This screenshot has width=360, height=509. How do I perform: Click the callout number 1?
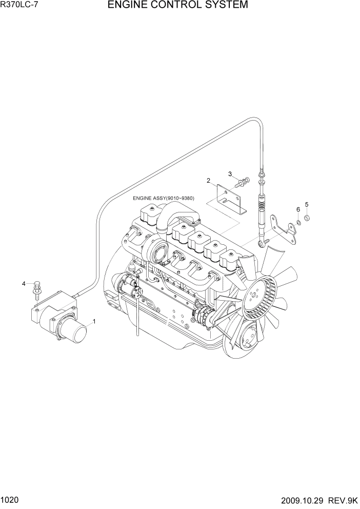(x=94, y=322)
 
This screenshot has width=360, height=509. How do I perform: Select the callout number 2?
(x=209, y=181)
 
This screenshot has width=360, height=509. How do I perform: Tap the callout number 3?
(x=230, y=173)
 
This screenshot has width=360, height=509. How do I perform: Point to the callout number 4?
(x=23, y=283)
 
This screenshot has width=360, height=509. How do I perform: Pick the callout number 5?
(x=307, y=205)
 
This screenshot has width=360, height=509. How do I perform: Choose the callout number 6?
(x=297, y=209)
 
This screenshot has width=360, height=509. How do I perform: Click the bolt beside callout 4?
(x=36, y=288)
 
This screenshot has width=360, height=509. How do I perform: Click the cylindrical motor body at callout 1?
(x=79, y=335)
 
